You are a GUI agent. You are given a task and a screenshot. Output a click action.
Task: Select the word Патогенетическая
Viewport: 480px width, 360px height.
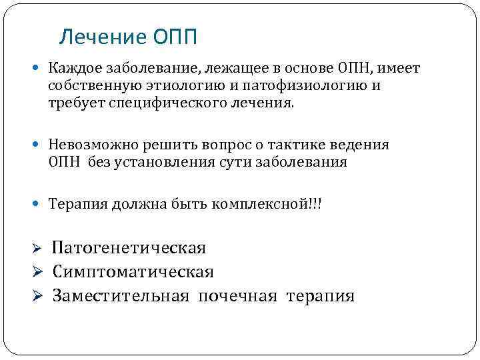(129, 249)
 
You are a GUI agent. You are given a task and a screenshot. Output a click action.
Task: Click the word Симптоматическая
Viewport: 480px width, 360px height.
(133, 272)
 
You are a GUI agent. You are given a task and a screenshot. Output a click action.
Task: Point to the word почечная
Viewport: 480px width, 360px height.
(237, 295)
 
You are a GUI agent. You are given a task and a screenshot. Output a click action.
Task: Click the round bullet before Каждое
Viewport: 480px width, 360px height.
(41, 70)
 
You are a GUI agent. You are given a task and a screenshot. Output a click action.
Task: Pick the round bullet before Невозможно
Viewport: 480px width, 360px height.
(41, 145)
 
